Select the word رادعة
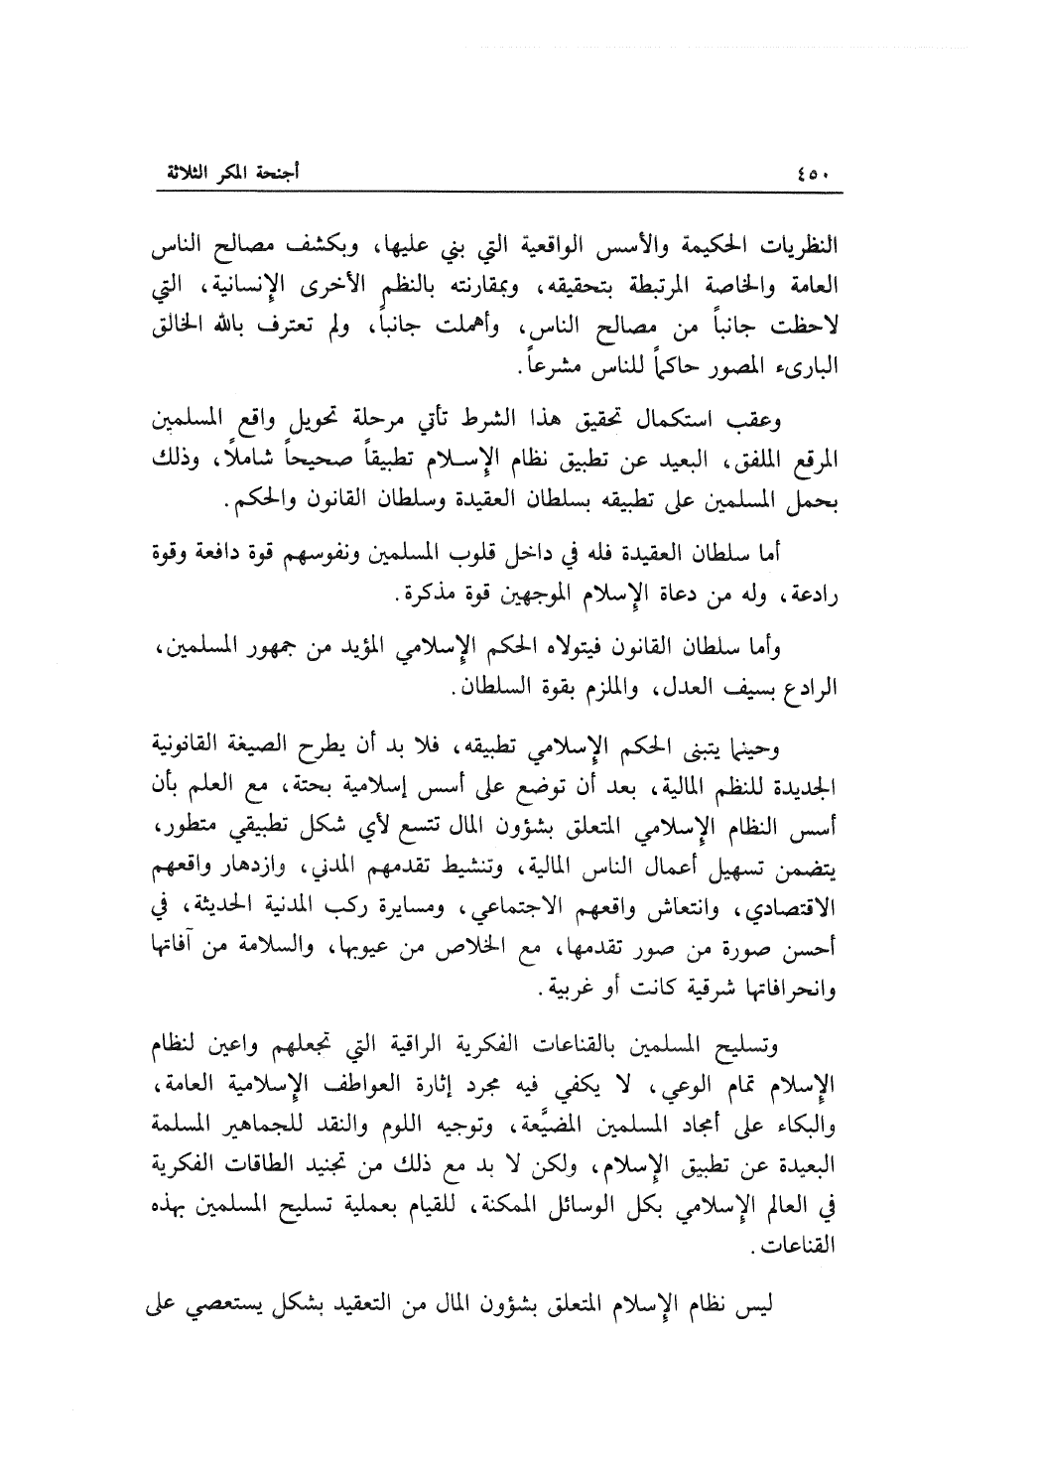coord(814,598)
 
